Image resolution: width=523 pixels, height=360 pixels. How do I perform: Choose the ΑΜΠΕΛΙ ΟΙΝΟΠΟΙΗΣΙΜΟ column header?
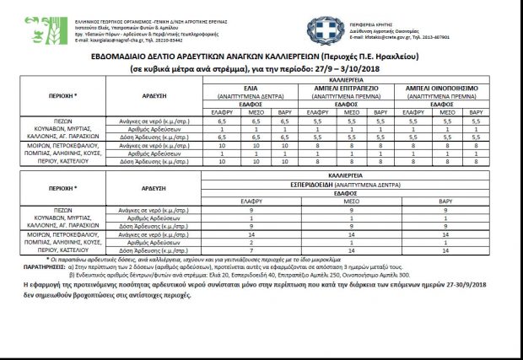pos(442,87)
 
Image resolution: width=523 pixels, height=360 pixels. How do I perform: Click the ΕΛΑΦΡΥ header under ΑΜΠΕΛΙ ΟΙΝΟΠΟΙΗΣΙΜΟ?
pos(408,112)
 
